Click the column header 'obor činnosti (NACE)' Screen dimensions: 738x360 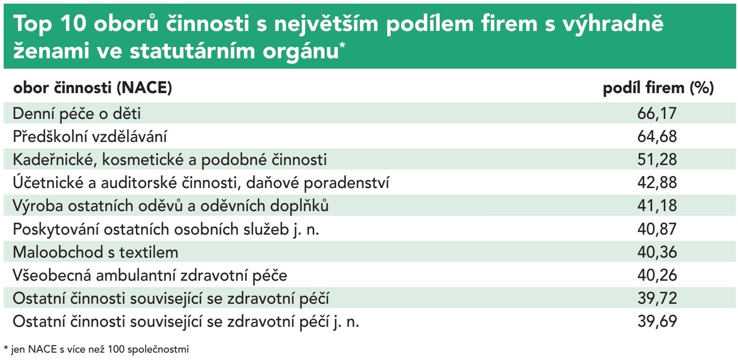(93, 88)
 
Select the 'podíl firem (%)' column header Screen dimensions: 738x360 (658, 88)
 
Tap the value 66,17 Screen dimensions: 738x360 (657, 113)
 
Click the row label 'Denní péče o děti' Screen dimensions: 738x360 (77, 114)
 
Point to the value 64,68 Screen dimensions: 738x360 (657, 136)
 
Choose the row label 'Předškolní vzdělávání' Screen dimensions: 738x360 (90, 136)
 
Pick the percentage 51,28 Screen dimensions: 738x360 (657, 159)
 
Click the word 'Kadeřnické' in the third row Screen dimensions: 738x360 (55, 160)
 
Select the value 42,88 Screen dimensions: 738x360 (657, 183)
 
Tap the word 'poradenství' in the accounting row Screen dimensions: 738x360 (346, 183)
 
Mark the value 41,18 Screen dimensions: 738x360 (657, 206)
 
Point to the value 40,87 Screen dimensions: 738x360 (657, 229)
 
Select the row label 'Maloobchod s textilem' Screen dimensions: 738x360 (95, 252)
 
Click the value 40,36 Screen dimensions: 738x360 (657, 252)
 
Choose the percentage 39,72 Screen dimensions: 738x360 (657, 298)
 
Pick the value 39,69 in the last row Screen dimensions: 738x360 (657, 321)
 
